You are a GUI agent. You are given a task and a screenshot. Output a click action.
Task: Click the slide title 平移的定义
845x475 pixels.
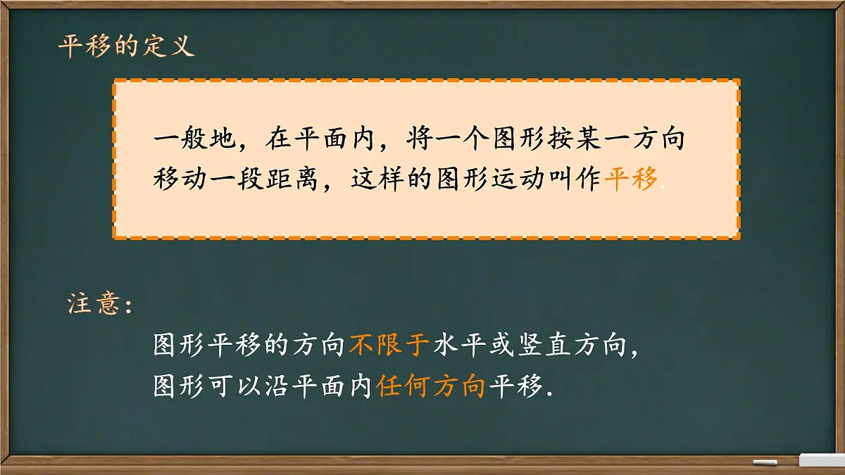point(125,48)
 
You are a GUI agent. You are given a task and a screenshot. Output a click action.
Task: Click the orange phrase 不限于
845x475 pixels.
point(389,346)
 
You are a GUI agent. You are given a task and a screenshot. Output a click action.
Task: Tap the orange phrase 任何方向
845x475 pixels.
point(431,386)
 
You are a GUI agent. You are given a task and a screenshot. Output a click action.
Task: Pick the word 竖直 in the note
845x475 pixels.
point(543,346)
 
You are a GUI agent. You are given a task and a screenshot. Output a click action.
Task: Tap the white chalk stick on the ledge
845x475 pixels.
point(765,462)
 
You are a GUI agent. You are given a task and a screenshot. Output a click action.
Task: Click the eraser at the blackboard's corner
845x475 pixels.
point(821,460)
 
